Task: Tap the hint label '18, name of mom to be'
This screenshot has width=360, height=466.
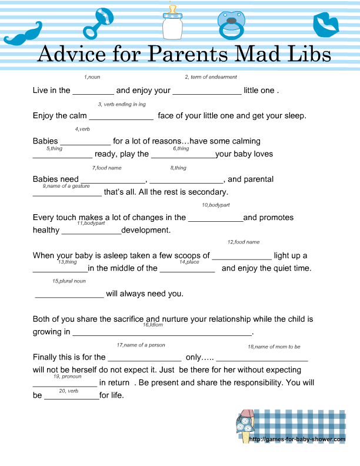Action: (274, 347)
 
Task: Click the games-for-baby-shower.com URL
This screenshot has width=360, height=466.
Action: (297, 439)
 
